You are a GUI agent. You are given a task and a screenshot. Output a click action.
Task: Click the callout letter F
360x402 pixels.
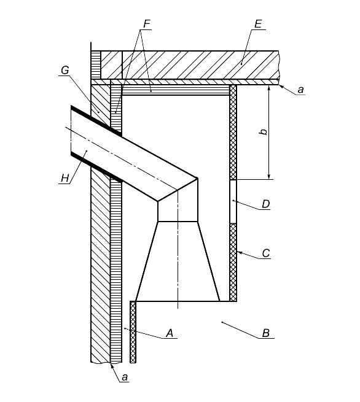click(146, 24)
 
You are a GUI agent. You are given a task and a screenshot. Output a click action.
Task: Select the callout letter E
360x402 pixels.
click(258, 24)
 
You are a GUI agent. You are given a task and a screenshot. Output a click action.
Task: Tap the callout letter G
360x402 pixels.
click(65, 70)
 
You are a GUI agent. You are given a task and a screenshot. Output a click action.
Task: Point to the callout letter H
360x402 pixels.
click(65, 178)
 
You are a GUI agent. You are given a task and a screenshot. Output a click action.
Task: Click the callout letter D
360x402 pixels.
click(266, 204)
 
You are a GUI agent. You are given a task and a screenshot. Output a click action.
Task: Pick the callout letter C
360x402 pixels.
click(266, 253)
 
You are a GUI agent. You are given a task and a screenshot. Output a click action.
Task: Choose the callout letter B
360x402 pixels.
click(266, 333)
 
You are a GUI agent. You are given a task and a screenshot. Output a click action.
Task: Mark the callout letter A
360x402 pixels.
click(170, 333)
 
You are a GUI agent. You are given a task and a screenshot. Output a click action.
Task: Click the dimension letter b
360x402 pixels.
click(264, 132)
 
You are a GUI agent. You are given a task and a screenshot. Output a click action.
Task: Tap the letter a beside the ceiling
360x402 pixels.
click(300, 90)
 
